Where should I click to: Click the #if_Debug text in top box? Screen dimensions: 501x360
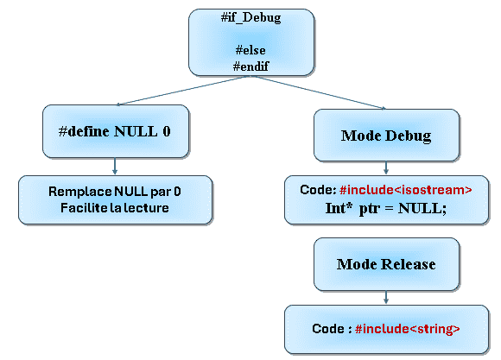tap(250, 17)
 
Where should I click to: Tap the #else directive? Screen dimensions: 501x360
tap(250, 50)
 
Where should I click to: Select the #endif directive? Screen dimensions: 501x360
tap(250, 66)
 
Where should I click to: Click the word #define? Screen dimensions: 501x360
tap(84, 131)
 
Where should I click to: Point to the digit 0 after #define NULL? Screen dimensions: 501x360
tap(167, 131)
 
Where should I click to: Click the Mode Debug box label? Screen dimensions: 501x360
tap(386, 136)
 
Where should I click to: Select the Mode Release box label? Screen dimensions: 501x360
tap(386, 264)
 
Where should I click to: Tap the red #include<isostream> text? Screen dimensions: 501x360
tap(405, 190)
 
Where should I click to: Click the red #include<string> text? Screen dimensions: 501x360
tap(408, 329)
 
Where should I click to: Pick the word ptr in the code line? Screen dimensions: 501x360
tap(370, 209)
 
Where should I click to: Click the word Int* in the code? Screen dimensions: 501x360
tap(339, 208)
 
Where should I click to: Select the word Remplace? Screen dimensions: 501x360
tap(79, 192)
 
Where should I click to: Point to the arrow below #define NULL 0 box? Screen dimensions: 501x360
tap(115, 166)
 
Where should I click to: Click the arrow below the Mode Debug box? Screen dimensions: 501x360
tap(386, 167)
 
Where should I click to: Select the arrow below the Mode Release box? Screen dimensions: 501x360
tap(386, 297)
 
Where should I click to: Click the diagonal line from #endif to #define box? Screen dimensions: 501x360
tap(183, 91)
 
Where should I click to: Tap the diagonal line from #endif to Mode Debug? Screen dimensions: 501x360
tap(320, 92)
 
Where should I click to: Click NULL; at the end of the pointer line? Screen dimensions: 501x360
tap(422, 209)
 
